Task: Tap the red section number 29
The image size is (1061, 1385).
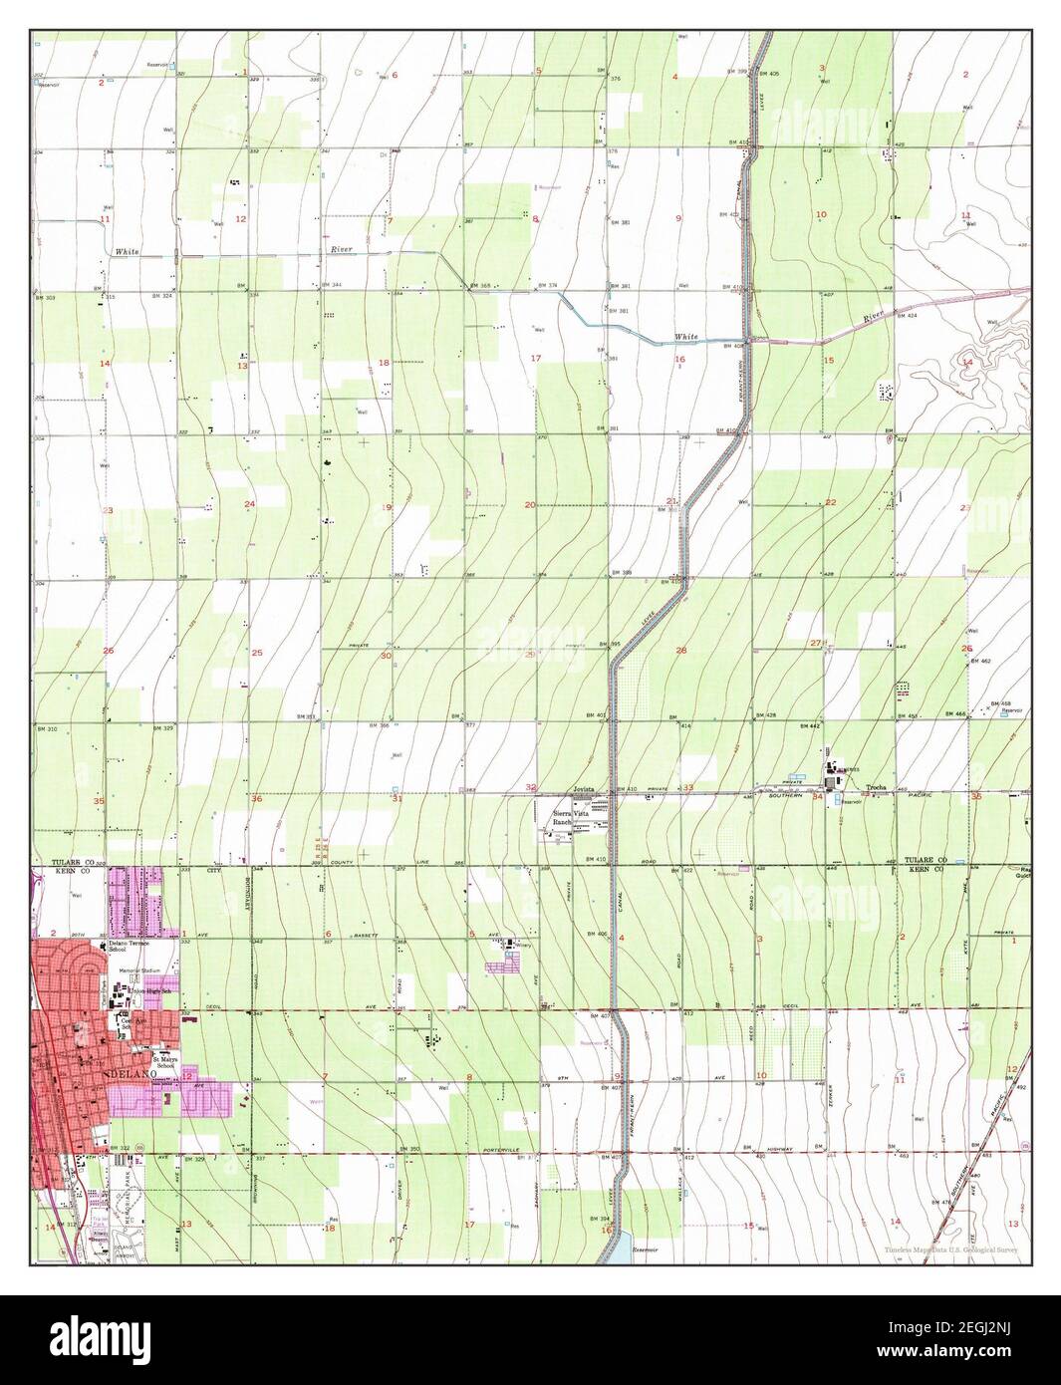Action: click(530, 655)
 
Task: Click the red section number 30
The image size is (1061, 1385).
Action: click(386, 656)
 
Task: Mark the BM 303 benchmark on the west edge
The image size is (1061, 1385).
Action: click(44, 298)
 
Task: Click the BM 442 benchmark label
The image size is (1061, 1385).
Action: click(809, 727)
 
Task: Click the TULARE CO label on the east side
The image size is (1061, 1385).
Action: click(923, 859)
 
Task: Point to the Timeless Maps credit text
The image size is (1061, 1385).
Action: click(950, 1251)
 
